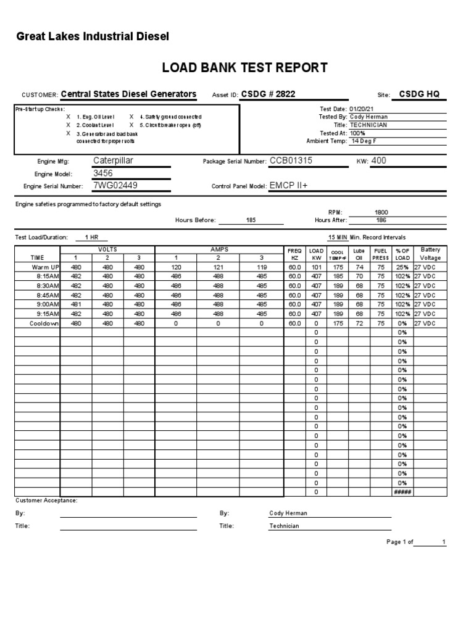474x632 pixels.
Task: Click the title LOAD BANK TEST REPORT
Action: tap(244, 68)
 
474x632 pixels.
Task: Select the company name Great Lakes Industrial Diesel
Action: tap(93, 37)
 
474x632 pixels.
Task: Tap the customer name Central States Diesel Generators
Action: tap(128, 94)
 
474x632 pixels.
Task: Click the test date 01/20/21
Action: tap(362, 109)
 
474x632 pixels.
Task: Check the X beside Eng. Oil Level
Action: tap(68, 117)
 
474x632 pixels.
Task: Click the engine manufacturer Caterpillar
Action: tap(113, 160)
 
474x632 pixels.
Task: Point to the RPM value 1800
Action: tap(381, 212)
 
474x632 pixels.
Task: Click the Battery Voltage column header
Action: tap(430, 254)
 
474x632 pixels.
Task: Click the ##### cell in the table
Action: tap(402, 492)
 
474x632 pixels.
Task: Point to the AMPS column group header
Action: tap(219, 249)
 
